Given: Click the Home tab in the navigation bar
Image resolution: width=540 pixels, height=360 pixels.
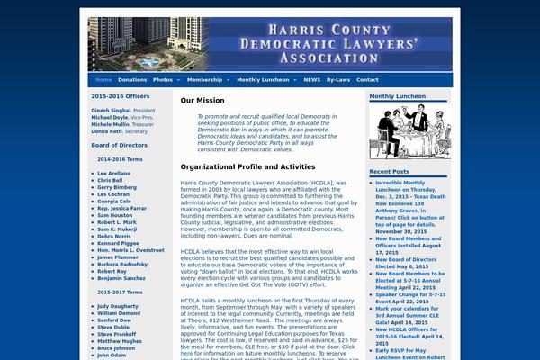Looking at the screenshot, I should [x=103, y=80].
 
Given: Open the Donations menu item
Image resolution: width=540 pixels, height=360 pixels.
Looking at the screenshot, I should [x=131, y=80].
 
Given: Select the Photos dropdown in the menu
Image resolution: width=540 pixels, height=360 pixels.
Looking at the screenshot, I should [x=165, y=80].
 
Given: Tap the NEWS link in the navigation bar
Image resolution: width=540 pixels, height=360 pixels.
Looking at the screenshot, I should [x=311, y=80].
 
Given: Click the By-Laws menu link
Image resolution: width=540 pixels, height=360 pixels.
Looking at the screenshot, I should [x=338, y=80].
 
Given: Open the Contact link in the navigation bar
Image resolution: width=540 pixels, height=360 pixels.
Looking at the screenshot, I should [x=367, y=80].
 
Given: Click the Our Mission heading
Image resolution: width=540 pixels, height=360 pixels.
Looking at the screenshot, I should [x=203, y=101].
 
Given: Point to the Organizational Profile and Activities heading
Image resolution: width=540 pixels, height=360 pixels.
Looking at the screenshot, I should [x=247, y=166].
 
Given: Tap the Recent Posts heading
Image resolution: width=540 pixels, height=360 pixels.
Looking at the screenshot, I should [x=389, y=171].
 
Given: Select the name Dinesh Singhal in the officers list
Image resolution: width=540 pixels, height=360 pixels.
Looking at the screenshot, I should [x=111, y=110].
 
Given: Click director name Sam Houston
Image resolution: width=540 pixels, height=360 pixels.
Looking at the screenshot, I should [x=114, y=215].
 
